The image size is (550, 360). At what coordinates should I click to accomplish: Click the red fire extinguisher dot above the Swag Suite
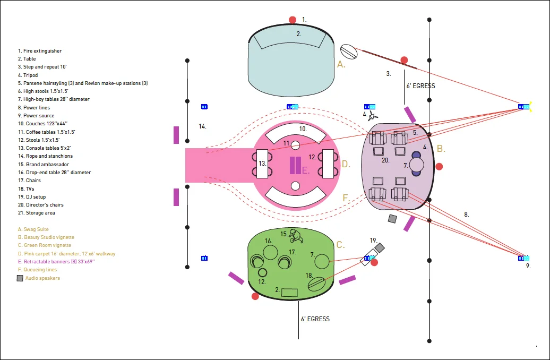(x=292, y=20)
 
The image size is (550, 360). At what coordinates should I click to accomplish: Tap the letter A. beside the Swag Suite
(x=341, y=64)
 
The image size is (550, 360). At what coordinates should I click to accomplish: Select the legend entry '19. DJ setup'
(x=32, y=197)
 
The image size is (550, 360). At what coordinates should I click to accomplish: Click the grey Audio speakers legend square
(x=20, y=278)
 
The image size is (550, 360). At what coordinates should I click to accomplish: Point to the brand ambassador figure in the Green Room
(x=296, y=236)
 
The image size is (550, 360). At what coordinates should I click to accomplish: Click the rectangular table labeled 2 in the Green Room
(x=289, y=292)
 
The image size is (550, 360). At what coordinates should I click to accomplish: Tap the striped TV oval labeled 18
(x=316, y=284)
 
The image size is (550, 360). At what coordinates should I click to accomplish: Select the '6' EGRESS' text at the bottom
(x=315, y=319)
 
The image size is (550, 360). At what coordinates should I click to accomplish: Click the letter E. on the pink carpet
(x=305, y=170)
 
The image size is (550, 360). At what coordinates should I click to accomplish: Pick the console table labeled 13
(x=262, y=164)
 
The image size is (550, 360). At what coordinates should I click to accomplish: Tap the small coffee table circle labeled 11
(x=295, y=145)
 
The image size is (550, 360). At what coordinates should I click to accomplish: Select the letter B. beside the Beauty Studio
(x=441, y=149)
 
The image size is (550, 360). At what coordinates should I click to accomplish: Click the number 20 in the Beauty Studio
(x=385, y=160)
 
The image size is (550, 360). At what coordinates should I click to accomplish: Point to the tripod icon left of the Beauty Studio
(x=373, y=116)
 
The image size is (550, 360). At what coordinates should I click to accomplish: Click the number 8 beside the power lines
(x=467, y=215)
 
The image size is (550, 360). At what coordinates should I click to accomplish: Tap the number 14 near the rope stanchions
(x=202, y=126)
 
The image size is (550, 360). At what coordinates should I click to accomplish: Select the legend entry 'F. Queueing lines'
(x=38, y=270)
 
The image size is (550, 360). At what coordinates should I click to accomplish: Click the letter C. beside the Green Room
(x=341, y=245)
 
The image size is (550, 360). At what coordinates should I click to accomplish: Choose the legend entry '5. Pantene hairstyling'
(x=83, y=83)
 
